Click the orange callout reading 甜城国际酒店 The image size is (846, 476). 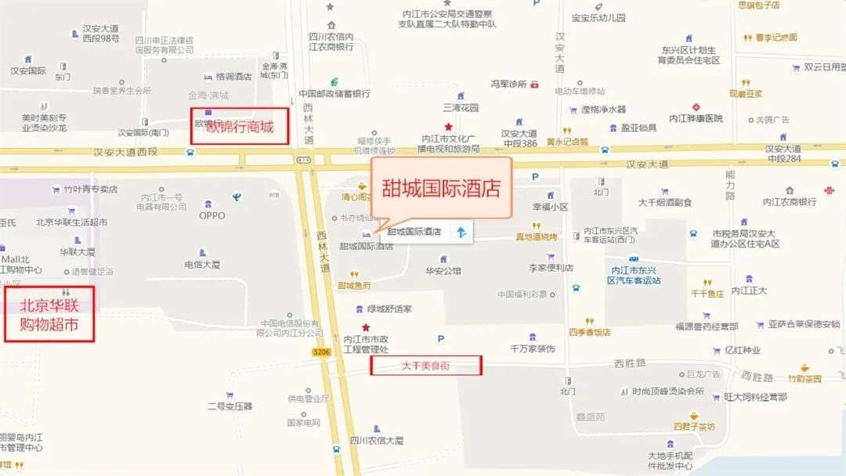tap(440, 189)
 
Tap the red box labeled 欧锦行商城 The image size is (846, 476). tap(240, 127)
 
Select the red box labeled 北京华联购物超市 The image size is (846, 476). tap(49, 313)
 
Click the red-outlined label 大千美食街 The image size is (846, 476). tap(425, 365)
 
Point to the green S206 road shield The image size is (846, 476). tap(321, 352)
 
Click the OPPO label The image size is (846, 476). tap(211, 215)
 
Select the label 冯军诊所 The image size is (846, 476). tap(508, 84)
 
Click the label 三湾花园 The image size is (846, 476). tap(460, 108)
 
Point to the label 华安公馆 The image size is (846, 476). tap(443, 272)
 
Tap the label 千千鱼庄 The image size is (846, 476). tap(707, 294)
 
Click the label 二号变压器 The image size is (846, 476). tap(230, 406)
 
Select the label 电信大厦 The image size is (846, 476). tap(202, 265)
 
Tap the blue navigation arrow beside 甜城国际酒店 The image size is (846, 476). tap(461, 232)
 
